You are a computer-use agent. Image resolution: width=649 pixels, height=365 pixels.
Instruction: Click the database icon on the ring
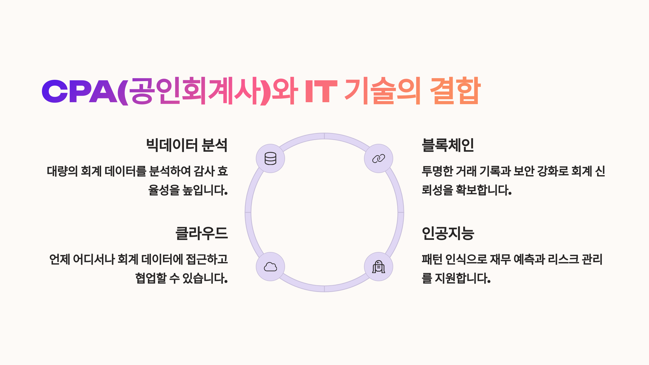[270, 158]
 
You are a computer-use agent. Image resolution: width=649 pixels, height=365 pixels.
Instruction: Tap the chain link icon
[379, 158]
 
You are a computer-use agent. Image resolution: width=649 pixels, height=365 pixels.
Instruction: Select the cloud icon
[270, 267]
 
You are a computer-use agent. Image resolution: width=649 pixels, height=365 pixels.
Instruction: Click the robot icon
[379, 267]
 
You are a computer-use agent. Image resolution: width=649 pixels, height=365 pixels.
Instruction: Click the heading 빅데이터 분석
[187, 145]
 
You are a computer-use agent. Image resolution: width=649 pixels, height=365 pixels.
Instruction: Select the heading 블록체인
[448, 145]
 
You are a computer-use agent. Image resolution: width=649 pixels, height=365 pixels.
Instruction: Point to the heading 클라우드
[202, 233]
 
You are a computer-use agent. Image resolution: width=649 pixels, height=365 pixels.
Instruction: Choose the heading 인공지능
[448, 233]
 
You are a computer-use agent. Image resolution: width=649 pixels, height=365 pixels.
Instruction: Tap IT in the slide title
[321, 91]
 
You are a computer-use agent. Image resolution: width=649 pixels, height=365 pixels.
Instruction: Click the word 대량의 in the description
[62, 171]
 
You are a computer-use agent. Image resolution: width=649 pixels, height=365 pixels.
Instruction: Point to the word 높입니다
[205, 190]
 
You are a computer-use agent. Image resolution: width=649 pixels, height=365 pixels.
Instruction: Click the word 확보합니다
[484, 190]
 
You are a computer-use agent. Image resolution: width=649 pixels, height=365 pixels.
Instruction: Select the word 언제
[59, 259]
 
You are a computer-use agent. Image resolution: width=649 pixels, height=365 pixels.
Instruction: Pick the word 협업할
[151, 278]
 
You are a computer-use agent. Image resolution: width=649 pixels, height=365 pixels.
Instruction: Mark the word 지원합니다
[463, 278]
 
